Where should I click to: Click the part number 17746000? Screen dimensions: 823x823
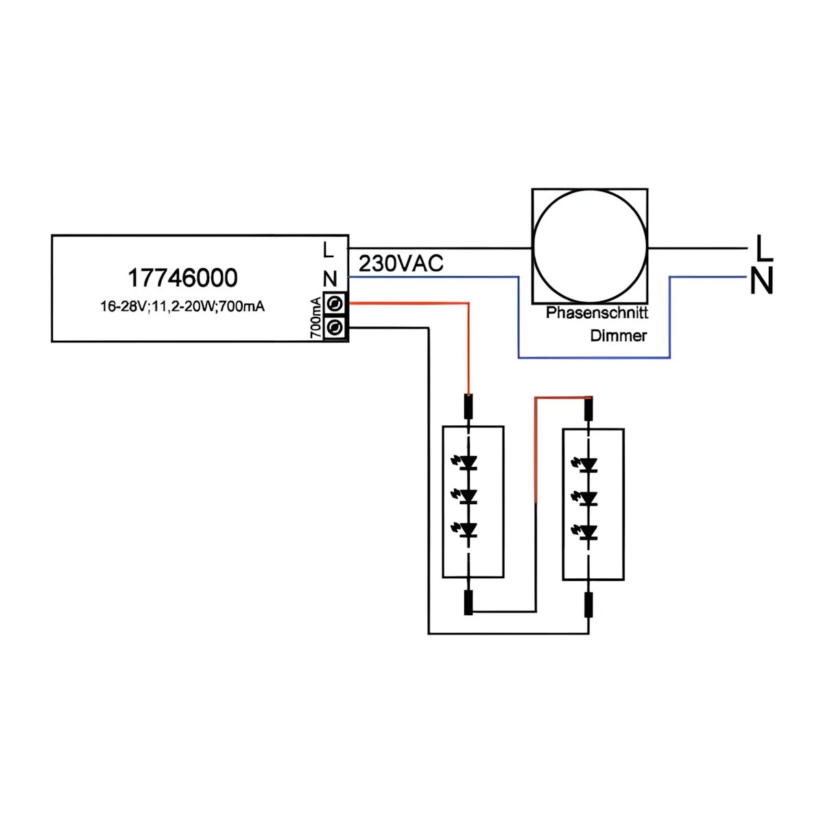[182, 278]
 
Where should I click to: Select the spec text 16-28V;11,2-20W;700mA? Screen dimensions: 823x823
[182, 307]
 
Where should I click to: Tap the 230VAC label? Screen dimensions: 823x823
[401, 263]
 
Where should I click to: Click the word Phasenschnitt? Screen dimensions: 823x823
[597, 313]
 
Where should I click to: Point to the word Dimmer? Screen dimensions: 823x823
[618, 336]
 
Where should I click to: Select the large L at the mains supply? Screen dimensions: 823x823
[763, 248]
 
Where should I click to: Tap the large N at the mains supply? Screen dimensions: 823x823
[761, 281]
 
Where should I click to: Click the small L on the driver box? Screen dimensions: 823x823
[329, 250]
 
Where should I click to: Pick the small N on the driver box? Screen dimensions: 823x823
[330, 279]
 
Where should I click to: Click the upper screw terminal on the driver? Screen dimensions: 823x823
[335, 303]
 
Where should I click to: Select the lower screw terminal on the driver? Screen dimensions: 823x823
[335, 328]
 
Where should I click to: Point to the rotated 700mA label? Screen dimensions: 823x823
[315, 318]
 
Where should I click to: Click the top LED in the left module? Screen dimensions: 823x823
[468, 463]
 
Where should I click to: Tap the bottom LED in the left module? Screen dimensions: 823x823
[468, 529]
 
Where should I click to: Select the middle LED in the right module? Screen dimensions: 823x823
[587, 498]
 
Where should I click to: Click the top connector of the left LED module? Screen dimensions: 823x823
[469, 407]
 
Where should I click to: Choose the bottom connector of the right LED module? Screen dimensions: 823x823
[588, 606]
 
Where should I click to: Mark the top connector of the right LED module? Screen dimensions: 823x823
[588, 409]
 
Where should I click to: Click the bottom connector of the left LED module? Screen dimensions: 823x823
[469, 603]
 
